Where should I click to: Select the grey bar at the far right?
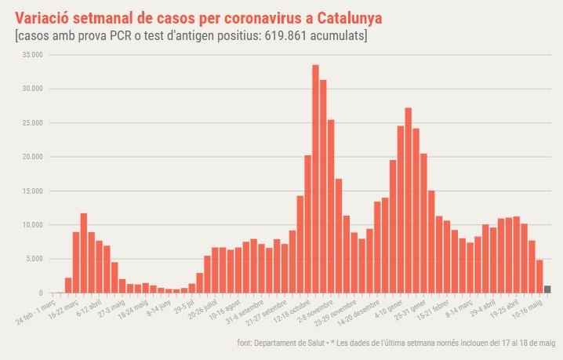[547, 289]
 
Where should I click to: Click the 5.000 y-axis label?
[35, 259]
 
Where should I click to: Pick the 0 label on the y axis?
[41, 293]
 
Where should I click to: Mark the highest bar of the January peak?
[409, 200]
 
